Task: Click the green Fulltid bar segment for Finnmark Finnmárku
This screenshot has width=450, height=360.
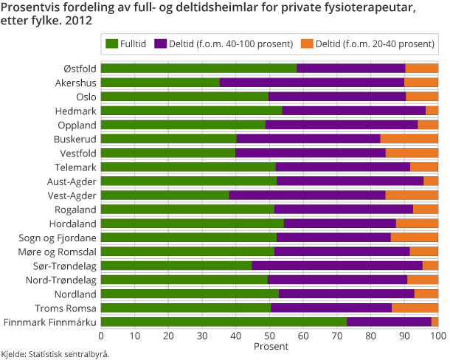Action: click(x=224, y=322)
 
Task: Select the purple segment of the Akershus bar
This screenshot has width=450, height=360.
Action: click(x=312, y=83)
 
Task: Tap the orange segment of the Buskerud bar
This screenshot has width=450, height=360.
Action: click(x=409, y=139)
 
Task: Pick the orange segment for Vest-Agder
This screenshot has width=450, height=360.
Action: click(x=412, y=195)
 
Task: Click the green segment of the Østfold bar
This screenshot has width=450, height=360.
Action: click(x=198, y=69)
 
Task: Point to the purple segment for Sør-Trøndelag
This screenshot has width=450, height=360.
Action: click(x=337, y=266)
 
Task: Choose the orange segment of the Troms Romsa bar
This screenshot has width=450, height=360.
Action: click(x=415, y=308)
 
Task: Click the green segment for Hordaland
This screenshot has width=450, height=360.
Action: click(x=192, y=224)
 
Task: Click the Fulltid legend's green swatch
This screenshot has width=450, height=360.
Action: click(x=112, y=44)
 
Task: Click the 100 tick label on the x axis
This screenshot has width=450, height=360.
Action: click(x=437, y=336)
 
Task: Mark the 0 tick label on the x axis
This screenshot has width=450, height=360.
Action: click(x=101, y=336)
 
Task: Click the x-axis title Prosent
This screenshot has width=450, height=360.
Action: click(x=269, y=346)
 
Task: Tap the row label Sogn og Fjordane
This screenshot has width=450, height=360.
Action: click(x=57, y=238)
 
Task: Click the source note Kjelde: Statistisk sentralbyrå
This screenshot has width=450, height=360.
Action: click(x=55, y=354)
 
